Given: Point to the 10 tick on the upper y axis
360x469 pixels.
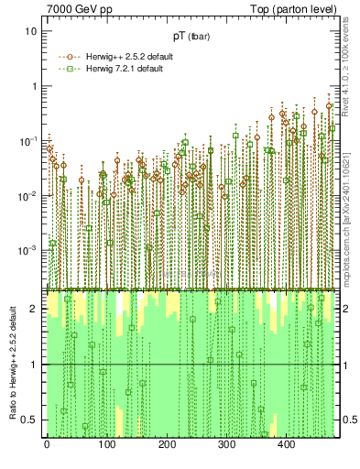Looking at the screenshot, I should (x=30, y=31).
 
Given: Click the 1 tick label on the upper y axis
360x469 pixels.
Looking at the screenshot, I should (x=34, y=86).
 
